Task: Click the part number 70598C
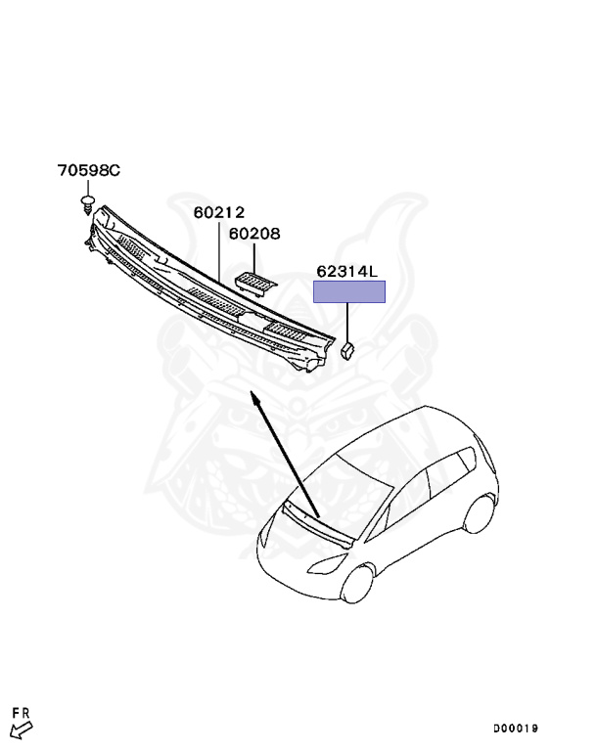88,171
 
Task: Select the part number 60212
218,212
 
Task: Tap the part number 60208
254,234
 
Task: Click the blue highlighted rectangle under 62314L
348,291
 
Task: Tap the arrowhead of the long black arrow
253,397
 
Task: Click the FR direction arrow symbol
20,728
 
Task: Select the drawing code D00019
516,729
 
